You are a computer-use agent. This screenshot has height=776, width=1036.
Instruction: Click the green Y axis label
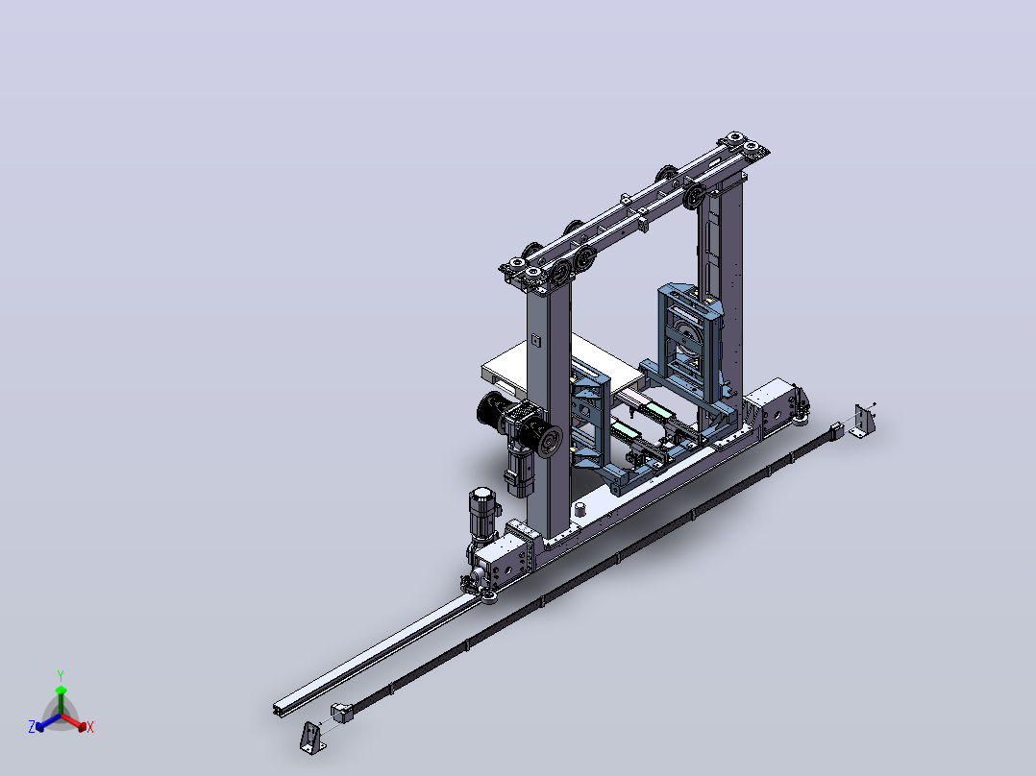[x=61, y=675]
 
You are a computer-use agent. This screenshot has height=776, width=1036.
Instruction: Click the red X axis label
[x=90, y=727]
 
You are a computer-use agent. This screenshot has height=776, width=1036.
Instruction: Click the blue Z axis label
[x=32, y=727]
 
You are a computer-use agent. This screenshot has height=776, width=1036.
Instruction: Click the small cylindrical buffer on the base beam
[x=580, y=508]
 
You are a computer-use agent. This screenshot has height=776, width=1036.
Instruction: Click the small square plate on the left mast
[x=536, y=341]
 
